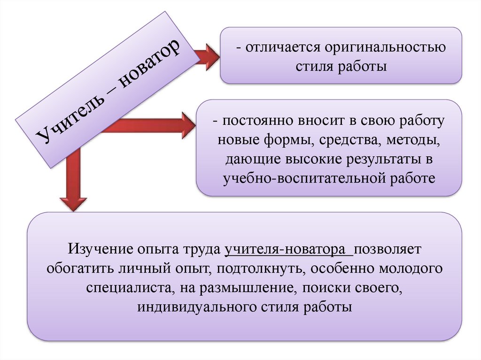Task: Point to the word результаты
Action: coord(380,159)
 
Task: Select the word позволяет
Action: coord(389,249)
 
